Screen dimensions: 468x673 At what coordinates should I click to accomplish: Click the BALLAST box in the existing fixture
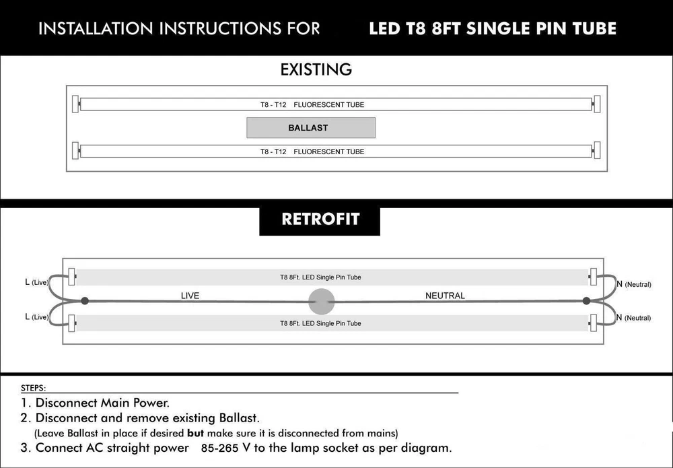pos(311,127)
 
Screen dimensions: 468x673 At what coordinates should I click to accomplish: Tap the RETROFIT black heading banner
pos(320,220)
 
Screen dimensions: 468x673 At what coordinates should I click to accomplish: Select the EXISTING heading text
pos(316,69)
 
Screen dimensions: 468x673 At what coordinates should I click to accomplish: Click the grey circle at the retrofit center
pos(321,300)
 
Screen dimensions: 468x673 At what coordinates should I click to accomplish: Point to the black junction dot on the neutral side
pos(586,300)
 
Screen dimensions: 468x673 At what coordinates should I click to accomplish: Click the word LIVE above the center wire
pos(190,296)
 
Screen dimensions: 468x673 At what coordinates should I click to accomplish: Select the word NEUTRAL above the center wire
pos(445,296)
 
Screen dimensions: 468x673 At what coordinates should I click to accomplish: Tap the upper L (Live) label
pos(36,282)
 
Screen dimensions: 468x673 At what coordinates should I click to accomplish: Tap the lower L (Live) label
pos(36,316)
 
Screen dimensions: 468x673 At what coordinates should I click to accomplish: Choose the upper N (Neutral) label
pos(633,284)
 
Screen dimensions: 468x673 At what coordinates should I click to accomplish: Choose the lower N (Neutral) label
pos(633,317)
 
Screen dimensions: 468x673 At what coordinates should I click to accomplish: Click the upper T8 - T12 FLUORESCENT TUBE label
pos(312,104)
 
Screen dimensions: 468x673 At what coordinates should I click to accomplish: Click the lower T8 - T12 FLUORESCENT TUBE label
pos(312,152)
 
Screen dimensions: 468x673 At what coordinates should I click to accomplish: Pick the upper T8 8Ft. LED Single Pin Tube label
pos(320,277)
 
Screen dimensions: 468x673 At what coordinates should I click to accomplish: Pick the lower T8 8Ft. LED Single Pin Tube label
pos(320,323)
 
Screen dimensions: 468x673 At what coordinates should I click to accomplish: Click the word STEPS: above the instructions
pos(34,389)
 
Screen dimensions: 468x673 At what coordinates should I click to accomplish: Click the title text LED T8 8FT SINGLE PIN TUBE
pos(493,28)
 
